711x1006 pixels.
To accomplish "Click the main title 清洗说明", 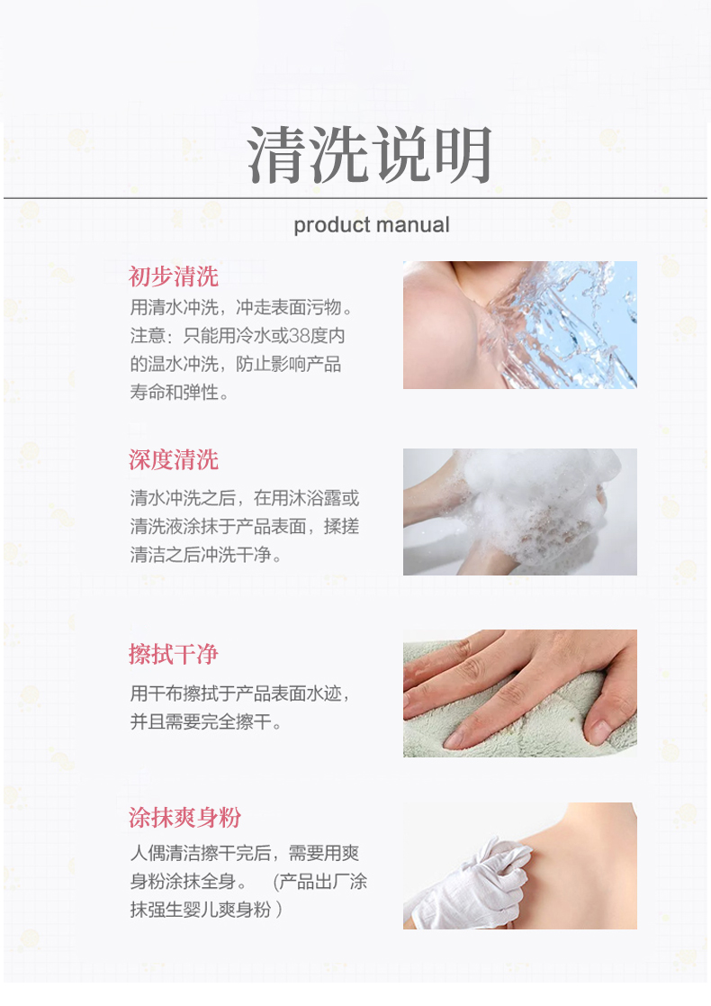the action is [370, 154].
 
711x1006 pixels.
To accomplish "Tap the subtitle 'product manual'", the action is [371, 224].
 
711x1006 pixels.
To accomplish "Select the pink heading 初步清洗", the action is [173, 276].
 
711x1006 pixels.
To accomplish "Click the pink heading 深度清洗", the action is [173, 460].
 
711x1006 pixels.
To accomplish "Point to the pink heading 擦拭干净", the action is [173, 654].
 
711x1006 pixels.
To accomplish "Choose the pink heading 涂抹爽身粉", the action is [184, 818].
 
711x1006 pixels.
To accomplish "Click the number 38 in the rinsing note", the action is [298, 336].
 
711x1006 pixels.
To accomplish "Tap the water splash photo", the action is [520, 324].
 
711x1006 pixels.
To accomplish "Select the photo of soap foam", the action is [520, 512].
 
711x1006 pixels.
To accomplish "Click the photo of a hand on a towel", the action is [520, 693].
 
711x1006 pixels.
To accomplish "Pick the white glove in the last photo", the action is [474, 883].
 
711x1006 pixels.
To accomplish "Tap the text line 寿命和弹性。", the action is [179, 392].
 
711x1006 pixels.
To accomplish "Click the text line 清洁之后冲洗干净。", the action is [206, 554].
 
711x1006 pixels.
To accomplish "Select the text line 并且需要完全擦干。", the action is [206, 721].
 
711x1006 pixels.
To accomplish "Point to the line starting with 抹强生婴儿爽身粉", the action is [206, 909].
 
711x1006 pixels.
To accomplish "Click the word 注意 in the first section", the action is [148, 336].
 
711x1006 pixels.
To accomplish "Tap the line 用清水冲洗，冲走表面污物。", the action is [241, 307].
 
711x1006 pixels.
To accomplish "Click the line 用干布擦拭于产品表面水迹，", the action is [239, 693].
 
